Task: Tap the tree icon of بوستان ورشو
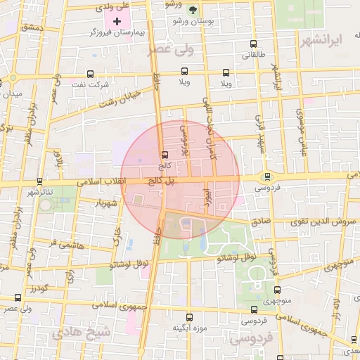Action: click(x=193, y=9)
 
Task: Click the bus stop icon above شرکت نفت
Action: click(x=90, y=73)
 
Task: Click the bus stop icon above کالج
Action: click(x=165, y=154)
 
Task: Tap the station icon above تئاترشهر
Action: click(x=39, y=181)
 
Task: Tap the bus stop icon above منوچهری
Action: click(x=276, y=288)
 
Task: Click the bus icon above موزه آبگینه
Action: click(x=188, y=317)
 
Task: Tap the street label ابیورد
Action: click(x=207, y=197)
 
